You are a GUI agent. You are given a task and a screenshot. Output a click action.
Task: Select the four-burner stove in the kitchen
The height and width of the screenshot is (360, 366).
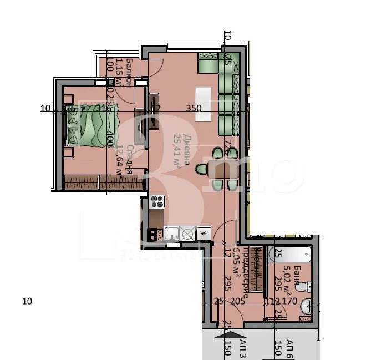156,202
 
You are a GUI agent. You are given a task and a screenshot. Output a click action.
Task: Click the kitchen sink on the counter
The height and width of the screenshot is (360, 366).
171,234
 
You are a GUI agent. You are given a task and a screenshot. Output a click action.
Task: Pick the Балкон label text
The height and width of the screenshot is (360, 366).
129,72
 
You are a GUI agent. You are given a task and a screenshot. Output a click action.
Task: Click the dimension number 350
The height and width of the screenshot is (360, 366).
194,109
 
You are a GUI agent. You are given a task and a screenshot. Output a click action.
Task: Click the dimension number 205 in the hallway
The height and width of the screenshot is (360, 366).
237,302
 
